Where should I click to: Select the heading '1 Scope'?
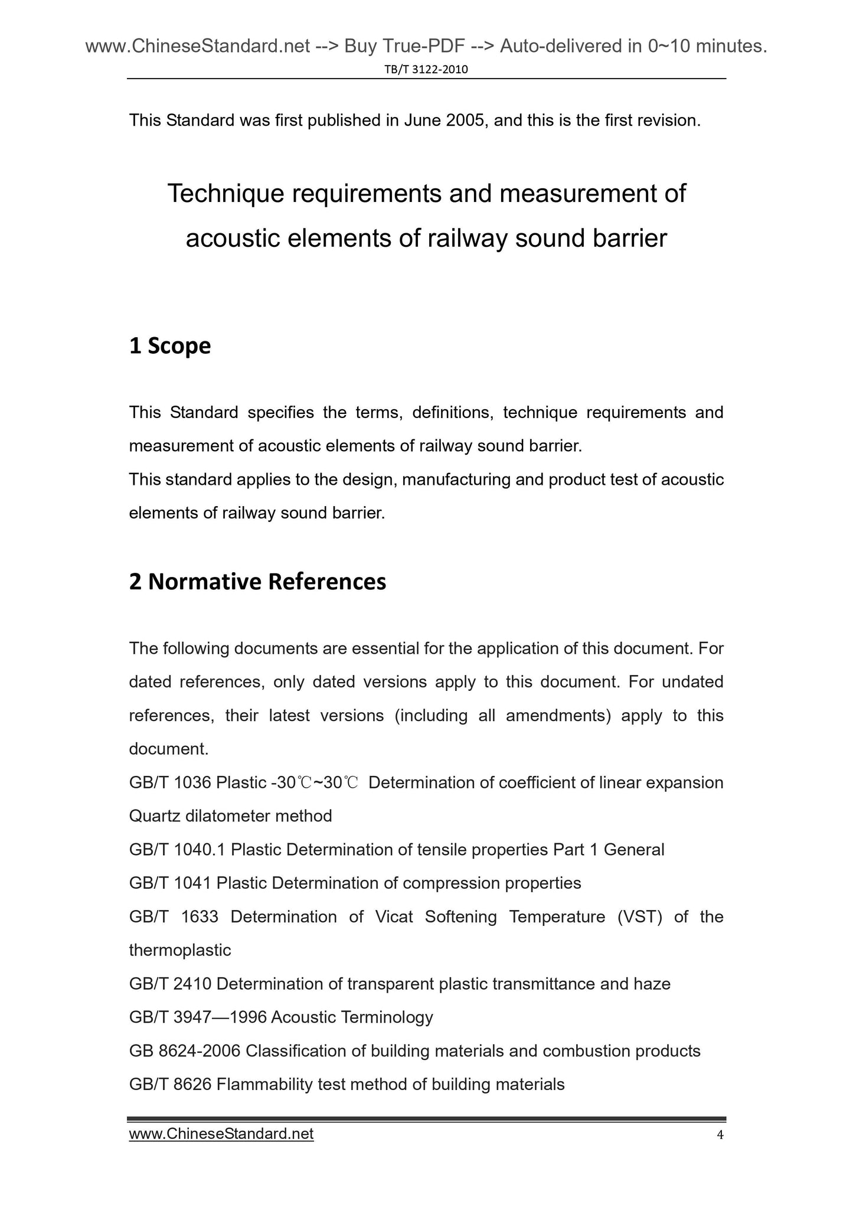tap(169, 346)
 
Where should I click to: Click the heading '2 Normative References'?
tap(257, 582)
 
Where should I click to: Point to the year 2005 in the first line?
tap(465, 120)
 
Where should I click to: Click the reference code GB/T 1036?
tap(170, 783)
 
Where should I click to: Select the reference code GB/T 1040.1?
tap(177, 850)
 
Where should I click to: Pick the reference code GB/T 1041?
tap(170, 883)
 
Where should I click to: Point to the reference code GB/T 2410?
tap(170, 984)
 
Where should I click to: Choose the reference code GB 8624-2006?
tap(184, 1051)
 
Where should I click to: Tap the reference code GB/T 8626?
tap(170, 1085)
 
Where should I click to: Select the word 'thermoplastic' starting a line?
tap(180, 951)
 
